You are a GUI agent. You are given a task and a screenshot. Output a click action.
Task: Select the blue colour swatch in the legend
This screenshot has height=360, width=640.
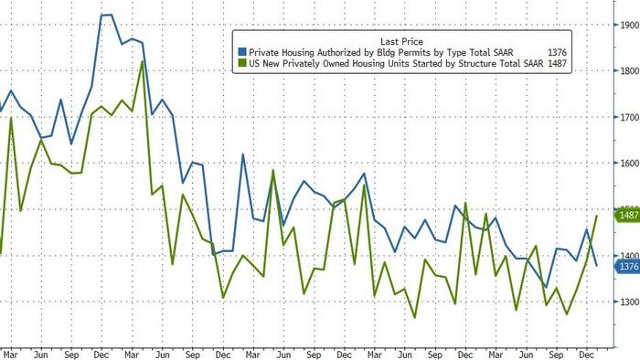tap(240, 52)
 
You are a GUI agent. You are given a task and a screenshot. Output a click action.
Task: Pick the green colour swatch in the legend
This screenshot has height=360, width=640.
tap(240, 64)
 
